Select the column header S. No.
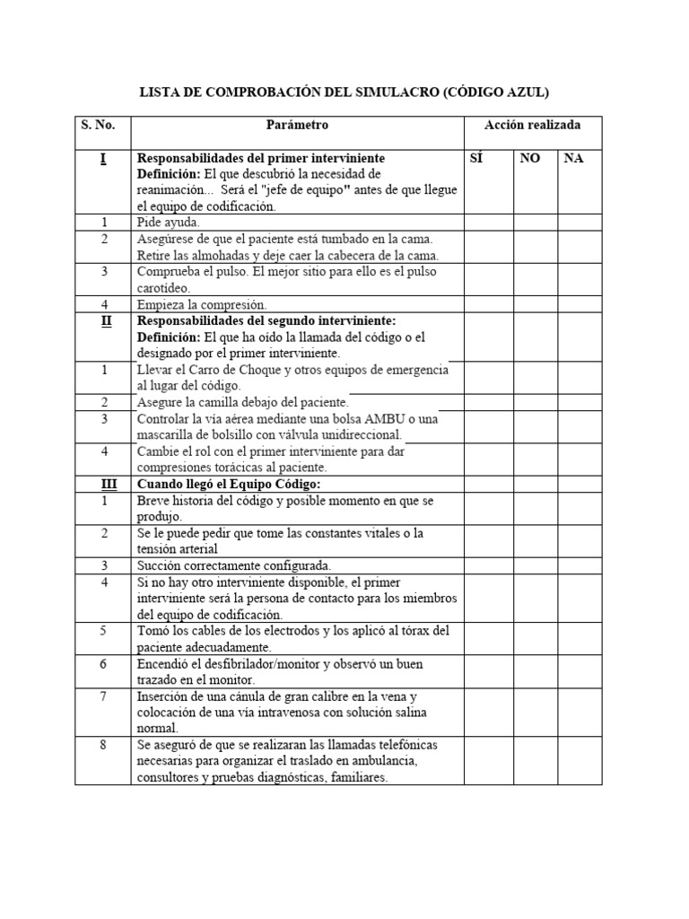[103, 125]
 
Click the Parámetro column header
[297, 125]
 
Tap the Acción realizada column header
[533, 125]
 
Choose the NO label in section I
[530, 158]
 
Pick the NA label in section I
[573, 158]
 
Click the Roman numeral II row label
[103, 320]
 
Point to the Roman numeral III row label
[103, 484]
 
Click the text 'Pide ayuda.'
[169, 223]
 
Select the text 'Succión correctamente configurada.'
[234, 565]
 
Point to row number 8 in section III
[103, 745]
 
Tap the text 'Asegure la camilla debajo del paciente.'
[242, 402]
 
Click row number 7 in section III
[103, 696]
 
